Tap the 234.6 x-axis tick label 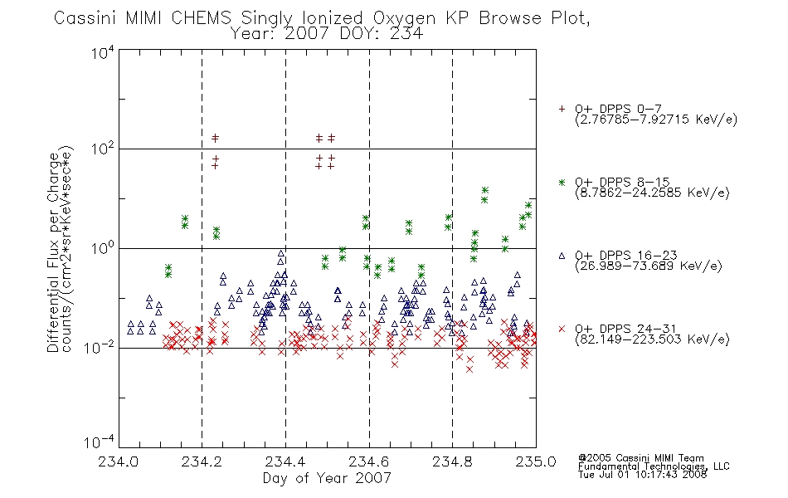(x=368, y=461)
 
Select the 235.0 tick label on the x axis (x=536, y=461)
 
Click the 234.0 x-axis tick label (x=118, y=461)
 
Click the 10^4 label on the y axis (x=103, y=52)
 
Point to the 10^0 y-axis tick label (x=103, y=247)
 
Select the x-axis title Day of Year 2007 (x=327, y=478)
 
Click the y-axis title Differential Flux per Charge (x=53, y=252)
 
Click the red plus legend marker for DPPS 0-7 (x=562, y=109)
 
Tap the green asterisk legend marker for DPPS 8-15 (x=562, y=183)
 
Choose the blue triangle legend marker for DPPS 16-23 (x=562, y=256)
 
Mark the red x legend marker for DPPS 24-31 (x=562, y=329)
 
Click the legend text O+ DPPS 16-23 (x=626, y=256)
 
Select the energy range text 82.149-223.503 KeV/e (x=652, y=339)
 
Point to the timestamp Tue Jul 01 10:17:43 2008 (x=642, y=475)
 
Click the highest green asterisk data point (x=485, y=190)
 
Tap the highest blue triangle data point (x=281, y=253)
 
